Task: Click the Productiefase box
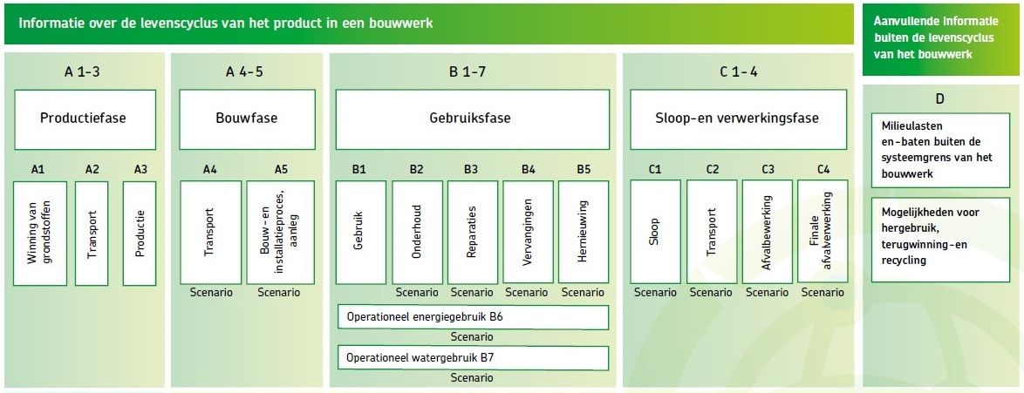pos(85,119)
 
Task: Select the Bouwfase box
pos(247,119)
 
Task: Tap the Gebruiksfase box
pos(472,119)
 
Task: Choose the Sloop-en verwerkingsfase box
pos(738,119)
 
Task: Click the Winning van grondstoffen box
pos(40,233)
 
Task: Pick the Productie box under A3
pos(140,233)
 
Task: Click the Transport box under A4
pos(211,233)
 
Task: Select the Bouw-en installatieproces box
pos(280,233)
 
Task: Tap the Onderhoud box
pos(417,233)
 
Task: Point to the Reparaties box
pos(472,233)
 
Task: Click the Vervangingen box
pos(528,233)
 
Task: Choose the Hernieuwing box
pos(584,233)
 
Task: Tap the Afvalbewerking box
pos(768,232)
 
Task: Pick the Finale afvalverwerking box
pos(823,232)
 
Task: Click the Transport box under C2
pos(712,232)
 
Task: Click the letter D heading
pos(939,99)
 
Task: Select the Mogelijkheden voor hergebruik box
pos(940,240)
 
